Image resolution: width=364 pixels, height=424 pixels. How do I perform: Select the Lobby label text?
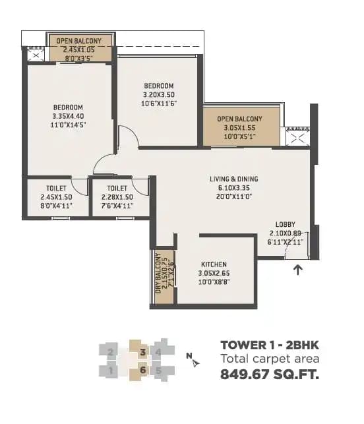(285, 224)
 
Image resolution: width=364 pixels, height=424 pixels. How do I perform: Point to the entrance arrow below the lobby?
(298, 269)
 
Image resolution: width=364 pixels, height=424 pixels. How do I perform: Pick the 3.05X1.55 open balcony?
(241, 127)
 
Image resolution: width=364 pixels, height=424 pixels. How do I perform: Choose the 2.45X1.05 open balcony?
(80, 49)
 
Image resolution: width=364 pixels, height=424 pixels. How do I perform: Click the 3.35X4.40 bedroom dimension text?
(69, 116)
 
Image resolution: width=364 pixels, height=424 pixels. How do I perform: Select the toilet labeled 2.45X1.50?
(56, 197)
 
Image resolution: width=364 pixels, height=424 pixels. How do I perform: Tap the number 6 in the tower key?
(142, 370)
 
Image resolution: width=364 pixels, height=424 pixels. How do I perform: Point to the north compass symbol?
(192, 360)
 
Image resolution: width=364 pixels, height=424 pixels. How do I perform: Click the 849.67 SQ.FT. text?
(270, 376)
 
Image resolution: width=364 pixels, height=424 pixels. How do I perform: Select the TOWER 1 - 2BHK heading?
(270, 344)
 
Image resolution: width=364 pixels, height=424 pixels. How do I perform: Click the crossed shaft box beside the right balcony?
(296, 138)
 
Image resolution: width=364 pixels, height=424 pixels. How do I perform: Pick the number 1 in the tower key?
(111, 370)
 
